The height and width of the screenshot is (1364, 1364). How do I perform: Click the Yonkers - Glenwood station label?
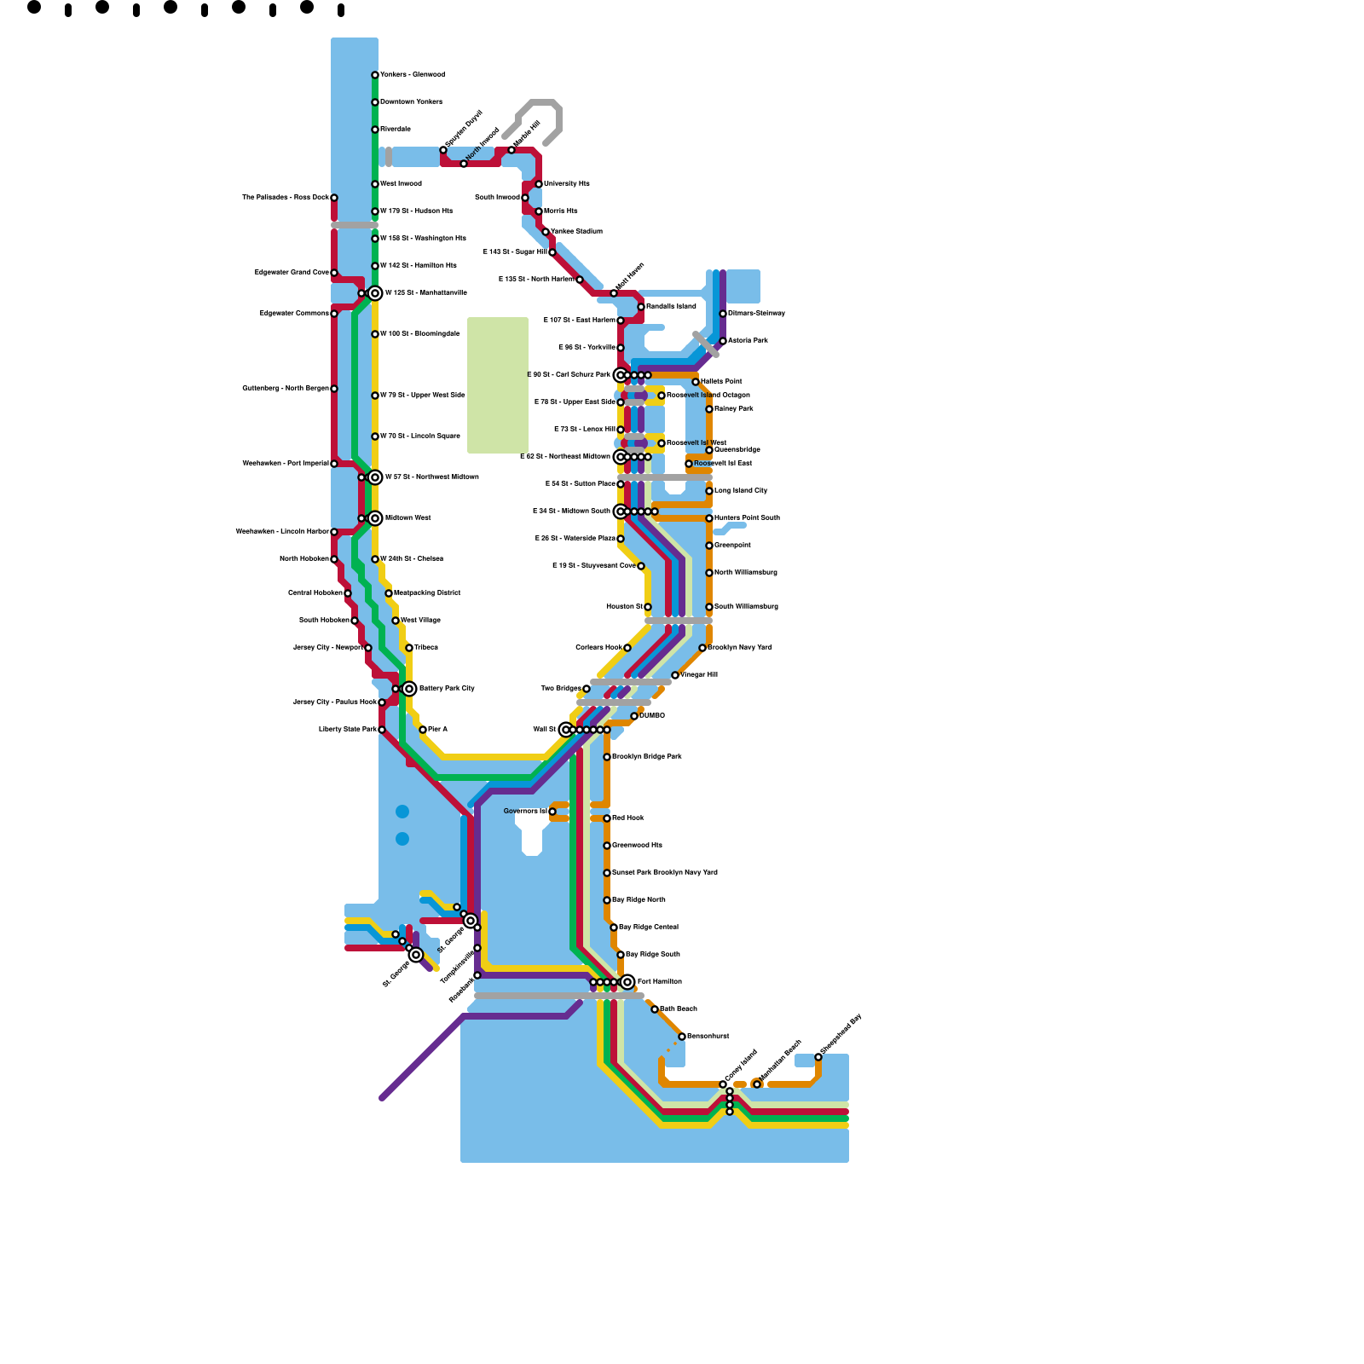pos(412,75)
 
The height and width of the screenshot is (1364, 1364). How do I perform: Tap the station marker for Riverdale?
pos(375,130)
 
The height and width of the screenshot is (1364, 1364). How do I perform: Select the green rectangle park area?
pos(498,384)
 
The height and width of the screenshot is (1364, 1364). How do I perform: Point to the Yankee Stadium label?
pos(576,231)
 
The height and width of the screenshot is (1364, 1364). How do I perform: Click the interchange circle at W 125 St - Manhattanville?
pos(375,293)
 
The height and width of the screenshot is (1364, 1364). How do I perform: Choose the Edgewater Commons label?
pos(294,314)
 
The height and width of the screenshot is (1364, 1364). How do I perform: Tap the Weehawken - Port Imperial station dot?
pos(334,464)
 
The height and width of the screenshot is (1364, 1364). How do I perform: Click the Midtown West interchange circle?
pos(375,518)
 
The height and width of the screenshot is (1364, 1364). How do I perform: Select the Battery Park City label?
pos(447,688)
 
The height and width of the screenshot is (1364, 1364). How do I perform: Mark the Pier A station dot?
pos(423,730)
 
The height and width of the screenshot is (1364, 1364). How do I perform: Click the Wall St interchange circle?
pos(566,730)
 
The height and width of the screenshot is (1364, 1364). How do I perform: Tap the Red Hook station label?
pos(628,818)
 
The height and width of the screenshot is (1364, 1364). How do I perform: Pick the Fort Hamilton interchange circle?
pos(627,982)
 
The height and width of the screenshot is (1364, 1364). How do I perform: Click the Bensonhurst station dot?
pos(682,1037)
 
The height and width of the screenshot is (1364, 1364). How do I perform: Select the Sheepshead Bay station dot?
pos(818,1057)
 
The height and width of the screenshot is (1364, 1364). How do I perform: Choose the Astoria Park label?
pos(748,340)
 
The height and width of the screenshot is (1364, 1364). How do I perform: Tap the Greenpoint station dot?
pos(709,546)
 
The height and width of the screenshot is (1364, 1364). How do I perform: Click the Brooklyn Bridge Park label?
pos(647,756)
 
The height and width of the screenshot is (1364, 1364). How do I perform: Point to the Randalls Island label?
pos(671,306)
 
